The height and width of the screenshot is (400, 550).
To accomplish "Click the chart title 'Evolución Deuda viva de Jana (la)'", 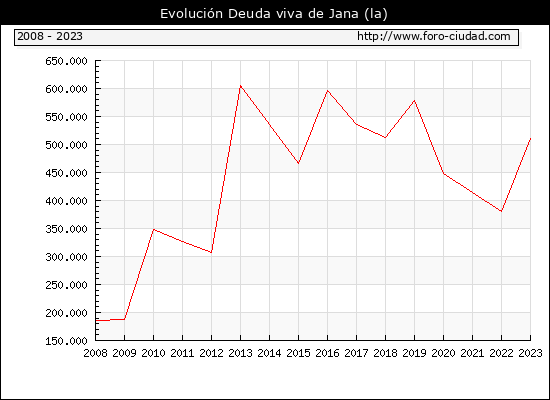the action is [274, 14].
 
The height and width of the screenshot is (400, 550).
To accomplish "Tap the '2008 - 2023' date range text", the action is [50, 36].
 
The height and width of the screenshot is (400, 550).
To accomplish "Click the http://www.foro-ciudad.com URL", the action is [434, 36].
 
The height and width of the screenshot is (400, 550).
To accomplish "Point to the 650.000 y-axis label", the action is [66, 61].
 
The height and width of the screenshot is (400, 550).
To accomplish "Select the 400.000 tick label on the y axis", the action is [66, 201].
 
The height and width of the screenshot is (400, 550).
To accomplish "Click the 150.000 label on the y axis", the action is [66, 341].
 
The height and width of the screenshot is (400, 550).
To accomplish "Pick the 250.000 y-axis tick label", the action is [66, 285].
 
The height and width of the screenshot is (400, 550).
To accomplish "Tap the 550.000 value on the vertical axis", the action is [66, 117].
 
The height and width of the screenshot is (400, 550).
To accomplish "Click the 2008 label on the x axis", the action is [95, 353].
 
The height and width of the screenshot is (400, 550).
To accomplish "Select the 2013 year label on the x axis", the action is [240, 353].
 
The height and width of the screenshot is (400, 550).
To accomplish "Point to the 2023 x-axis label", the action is [530, 353].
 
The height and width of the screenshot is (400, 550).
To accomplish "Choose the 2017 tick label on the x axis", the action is [356, 353].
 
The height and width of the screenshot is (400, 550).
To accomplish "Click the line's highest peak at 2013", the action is [240, 86].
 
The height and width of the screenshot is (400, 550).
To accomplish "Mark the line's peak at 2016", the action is [328, 91].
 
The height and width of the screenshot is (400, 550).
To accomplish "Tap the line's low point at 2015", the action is [299, 164].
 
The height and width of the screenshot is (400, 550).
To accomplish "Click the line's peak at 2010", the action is [154, 229].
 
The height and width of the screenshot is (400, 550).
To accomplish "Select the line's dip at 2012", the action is [212, 252].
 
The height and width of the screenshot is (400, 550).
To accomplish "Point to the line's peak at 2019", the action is [415, 101].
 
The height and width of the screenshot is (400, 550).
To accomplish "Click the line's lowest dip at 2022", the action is [502, 212].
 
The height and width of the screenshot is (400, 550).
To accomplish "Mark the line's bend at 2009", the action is [125, 319].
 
